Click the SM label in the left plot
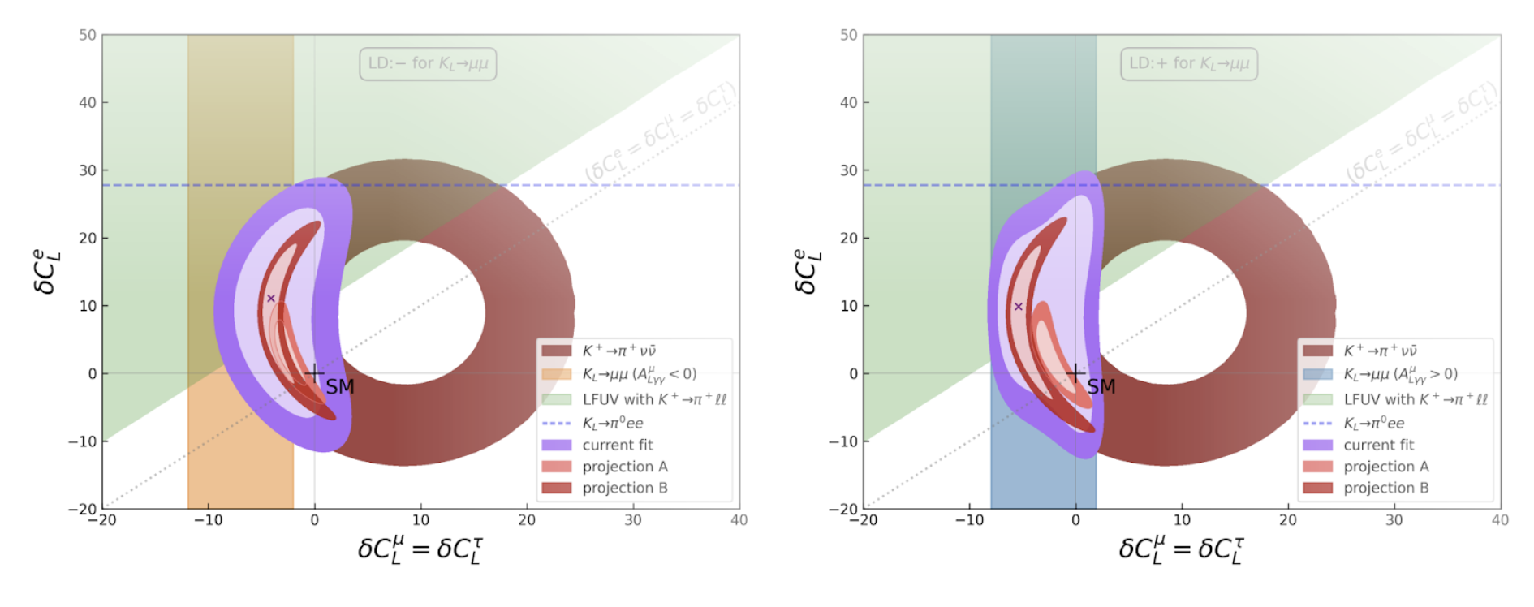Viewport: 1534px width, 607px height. point(340,387)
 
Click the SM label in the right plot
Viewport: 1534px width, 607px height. point(1101,387)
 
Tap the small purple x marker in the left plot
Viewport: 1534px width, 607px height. point(271,299)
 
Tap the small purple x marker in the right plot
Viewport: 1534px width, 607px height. point(1019,307)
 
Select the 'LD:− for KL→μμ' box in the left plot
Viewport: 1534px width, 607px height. point(428,64)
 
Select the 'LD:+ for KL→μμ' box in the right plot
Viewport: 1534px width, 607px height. point(1189,64)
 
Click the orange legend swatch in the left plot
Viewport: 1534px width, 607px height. point(557,374)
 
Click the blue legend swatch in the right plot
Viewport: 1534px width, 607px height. point(1318,374)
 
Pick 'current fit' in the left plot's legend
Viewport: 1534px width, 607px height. point(618,445)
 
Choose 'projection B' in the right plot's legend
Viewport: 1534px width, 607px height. point(1386,488)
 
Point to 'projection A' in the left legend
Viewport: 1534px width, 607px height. point(625,467)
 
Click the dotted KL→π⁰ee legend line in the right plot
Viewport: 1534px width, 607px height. point(1318,423)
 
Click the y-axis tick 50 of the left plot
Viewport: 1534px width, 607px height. point(88,35)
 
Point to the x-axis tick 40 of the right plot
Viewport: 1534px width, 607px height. point(1500,520)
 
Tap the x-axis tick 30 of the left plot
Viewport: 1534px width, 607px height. point(633,520)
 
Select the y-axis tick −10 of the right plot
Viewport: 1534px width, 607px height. point(843,441)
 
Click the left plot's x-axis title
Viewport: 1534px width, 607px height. point(420,549)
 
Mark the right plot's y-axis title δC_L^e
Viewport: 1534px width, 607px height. point(808,271)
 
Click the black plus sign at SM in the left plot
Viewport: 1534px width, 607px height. point(314,374)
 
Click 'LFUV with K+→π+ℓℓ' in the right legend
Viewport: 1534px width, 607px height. point(1416,399)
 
